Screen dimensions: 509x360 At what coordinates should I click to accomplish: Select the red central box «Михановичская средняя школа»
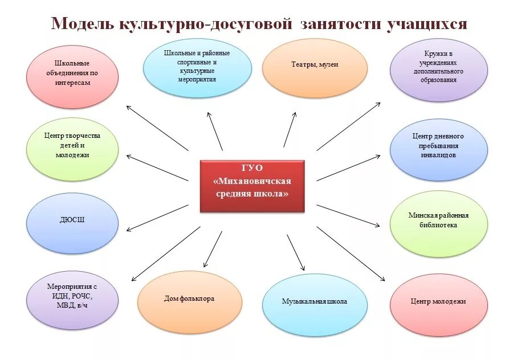pyautogui.click(x=252, y=186)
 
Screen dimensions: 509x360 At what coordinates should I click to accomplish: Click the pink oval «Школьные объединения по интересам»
pyautogui.click(x=73, y=73)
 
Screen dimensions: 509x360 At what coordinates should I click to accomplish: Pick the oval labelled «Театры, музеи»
pyautogui.click(x=315, y=65)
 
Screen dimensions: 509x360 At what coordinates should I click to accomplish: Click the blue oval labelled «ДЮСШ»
pyautogui.click(x=73, y=219)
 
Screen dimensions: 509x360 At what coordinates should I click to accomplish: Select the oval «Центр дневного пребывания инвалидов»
pyautogui.click(x=438, y=146)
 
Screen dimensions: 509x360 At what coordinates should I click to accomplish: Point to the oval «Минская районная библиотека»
pyautogui.click(x=438, y=220)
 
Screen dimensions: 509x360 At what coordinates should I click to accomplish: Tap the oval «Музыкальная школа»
pyautogui.click(x=314, y=301)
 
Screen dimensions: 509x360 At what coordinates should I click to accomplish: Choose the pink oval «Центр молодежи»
pyautogui.click(x=438, y=301)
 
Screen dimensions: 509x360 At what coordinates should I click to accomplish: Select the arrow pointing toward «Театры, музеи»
pyautogui.click(x=290, y=129)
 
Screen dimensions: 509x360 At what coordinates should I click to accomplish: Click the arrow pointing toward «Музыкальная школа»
pyautogui.click(x=296, y=252)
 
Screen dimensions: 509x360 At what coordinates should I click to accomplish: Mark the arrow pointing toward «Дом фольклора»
pyautogui.click(x=213, y=249)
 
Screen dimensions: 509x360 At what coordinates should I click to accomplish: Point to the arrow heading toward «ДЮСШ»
pyautogui.click(x=157, y=218)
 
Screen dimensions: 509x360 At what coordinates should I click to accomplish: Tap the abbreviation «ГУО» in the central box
pyautogui.click(x=252, y=169)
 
